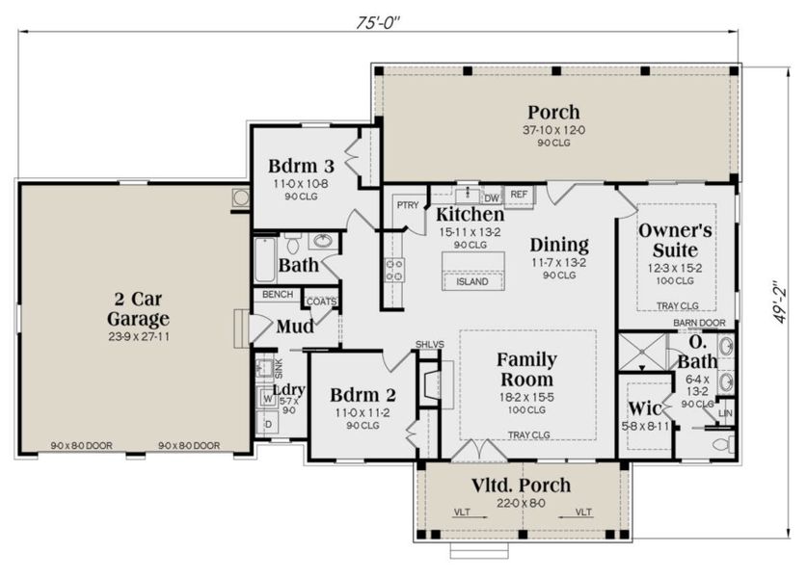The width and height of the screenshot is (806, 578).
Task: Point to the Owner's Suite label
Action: click(x=676, y=239)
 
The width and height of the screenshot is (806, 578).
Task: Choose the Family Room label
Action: click(x=526, y=369)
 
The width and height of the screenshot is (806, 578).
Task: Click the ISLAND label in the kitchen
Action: click(x=471, y=282)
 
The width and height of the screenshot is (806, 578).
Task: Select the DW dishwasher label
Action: click(x=491, y=197)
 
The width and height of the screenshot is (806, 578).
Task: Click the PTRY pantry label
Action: click(x=407, y=204)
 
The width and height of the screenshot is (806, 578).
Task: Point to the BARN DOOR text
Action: click(x=698, y=323)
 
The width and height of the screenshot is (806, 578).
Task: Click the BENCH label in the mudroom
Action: click(x=279, y=294)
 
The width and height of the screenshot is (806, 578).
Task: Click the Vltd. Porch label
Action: click(x=521, y=485)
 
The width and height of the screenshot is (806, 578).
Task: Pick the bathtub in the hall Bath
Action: click(x=265, y=259)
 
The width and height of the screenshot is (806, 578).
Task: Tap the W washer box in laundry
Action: click(x=267, y=397)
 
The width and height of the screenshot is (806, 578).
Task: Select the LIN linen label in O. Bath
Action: click(x=725, y=412)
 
